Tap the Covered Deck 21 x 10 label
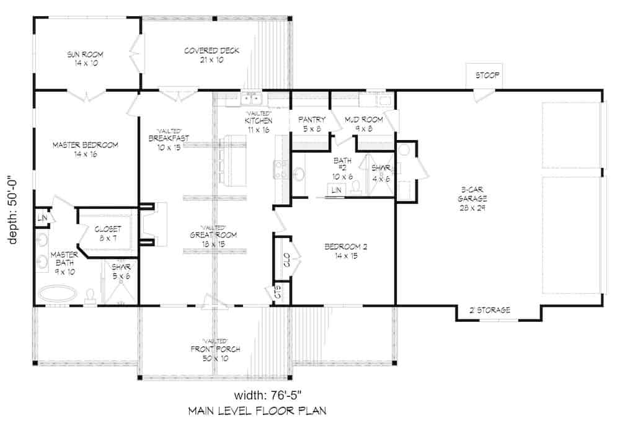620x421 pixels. coord(211,55)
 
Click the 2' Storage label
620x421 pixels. coord(489,309)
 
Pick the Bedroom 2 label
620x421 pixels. coord(346,251)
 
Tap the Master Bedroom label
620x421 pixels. coord(85,149)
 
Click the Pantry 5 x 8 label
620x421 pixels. coord(312,124)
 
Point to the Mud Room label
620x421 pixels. coord(364,124)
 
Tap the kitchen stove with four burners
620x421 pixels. coord(281,169)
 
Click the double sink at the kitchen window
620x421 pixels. coord(251,98)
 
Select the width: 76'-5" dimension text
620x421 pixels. coord(269,395)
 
